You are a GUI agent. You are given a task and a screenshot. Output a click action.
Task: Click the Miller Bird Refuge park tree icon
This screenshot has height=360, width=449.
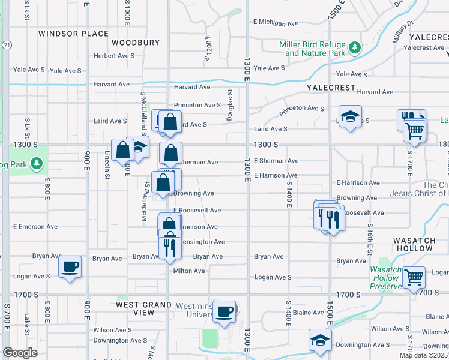point(355,47)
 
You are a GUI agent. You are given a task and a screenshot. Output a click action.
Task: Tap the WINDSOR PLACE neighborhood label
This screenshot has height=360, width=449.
point(74,34)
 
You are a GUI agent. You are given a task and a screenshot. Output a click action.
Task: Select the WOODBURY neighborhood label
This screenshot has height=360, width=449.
point(136,43)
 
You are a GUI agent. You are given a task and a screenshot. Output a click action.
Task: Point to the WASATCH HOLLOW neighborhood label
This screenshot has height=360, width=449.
point(414,240)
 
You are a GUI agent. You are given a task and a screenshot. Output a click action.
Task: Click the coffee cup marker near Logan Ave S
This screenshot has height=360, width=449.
point(70,267)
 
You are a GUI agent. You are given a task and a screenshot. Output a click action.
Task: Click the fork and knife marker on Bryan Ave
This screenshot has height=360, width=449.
point(170,248)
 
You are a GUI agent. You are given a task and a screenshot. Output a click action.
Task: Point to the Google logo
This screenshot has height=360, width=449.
point(20,353)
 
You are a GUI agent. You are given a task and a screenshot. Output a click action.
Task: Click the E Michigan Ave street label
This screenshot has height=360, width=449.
point(276,24)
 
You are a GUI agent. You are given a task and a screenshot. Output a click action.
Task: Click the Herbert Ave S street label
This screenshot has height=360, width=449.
point(114,56)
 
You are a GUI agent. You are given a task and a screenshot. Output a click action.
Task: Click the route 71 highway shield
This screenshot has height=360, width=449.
point(6,45)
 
